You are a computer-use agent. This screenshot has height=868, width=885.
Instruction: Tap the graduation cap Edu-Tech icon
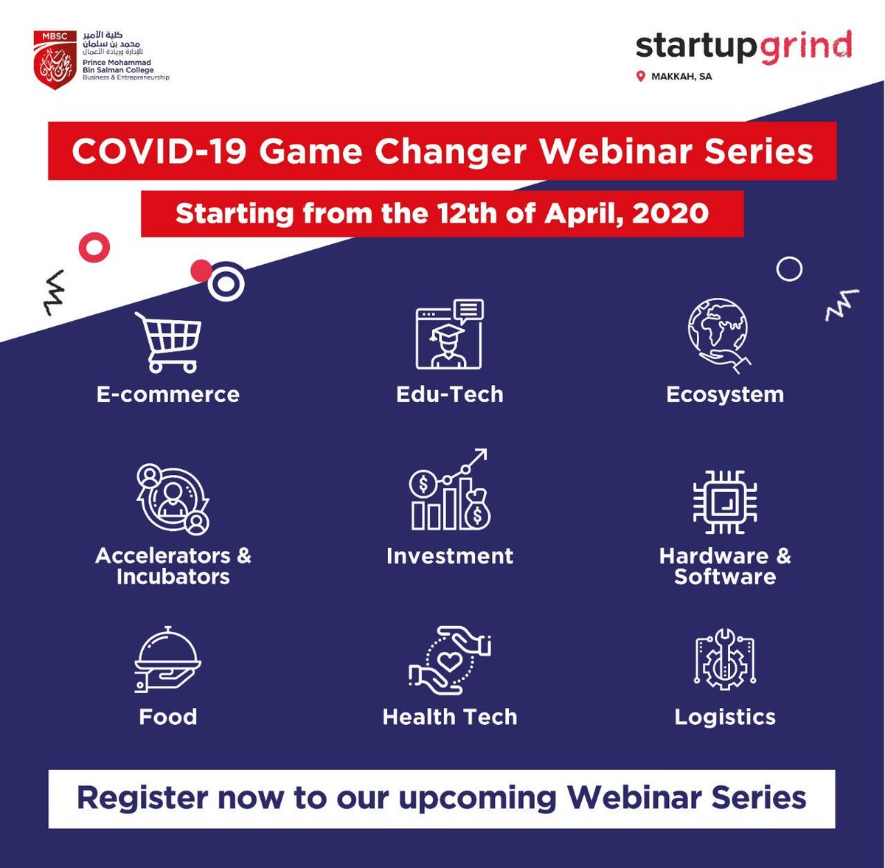pyautogui.click(x=449, y=335)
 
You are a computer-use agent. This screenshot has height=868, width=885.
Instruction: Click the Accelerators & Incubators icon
pyautogui.click(x=173, y=499)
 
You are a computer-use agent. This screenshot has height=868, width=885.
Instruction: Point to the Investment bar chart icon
pyautogui.click(x=449, y=491)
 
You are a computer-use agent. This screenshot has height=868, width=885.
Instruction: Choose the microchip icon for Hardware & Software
pyautogui.click(x=725, y=502)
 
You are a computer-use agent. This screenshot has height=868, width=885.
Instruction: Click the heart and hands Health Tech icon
pyautogui.click(x=449, y=660)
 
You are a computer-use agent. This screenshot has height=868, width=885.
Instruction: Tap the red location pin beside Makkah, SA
pyautogui.click(x=641, y=76)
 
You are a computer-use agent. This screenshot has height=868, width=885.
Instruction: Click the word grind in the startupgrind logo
pyautogui.click(x=805, y=47)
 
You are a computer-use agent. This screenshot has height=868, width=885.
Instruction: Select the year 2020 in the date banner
pyautogui.click(x=670, y=214)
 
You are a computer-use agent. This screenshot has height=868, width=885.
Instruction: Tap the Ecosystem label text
pyautogui.click(x=725, y=395)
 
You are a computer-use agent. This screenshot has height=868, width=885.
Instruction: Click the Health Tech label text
pyautogui.click(x=449, y=717)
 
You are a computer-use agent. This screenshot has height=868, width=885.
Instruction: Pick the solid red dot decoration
pyautogui.click(x=200, y=271)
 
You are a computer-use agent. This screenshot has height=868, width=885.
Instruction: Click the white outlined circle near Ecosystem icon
pyautogui.click(x=789, y=269)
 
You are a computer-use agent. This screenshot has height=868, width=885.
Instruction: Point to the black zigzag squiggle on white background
pyautogui.click(x=54, y=293)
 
